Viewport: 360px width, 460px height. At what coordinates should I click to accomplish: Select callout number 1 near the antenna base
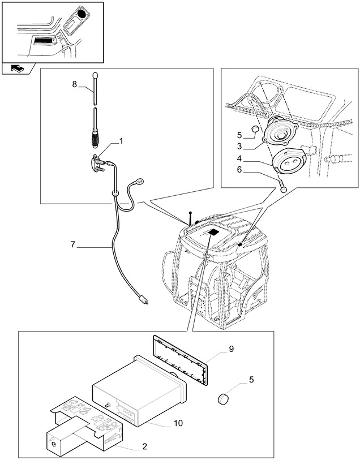tap(120, 140)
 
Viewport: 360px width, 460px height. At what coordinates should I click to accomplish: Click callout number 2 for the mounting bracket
tap(145, 446)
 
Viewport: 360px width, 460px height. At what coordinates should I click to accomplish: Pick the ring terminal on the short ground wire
tap(139, 182)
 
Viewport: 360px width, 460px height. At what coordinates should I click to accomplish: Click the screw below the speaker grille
tap(283, 187)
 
